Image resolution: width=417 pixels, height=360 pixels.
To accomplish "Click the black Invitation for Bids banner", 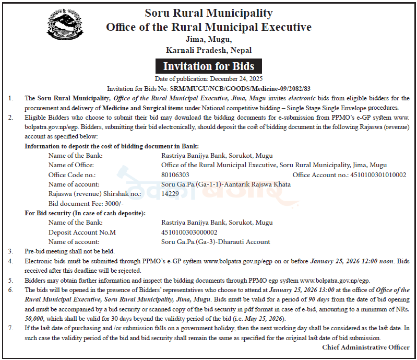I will click(x=208, y=66).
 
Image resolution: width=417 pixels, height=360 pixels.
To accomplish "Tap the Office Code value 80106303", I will click(x=175, y=175).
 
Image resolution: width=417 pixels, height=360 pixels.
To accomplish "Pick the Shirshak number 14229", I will click(x=170, y=193).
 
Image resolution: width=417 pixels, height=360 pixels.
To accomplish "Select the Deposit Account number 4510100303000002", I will click(x=189, y=232).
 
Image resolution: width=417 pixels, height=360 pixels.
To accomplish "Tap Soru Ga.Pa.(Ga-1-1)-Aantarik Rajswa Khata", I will click(x=226, y=184).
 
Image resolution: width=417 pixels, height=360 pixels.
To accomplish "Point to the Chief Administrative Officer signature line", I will click(x=365, y=347).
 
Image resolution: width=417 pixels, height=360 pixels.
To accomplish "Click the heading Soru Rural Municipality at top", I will click(x=208, y=13).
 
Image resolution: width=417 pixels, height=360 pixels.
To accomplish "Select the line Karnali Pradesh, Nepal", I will click(x=208, y=50).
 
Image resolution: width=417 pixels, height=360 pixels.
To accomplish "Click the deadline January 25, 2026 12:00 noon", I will click(x=352, y=261).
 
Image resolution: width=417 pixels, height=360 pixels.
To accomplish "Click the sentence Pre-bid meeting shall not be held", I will click(x=69, y=251).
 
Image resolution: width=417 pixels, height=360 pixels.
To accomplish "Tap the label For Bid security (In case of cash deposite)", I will click(x=85, y=213).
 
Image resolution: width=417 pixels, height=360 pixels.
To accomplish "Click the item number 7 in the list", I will click(x=10, y=328).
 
